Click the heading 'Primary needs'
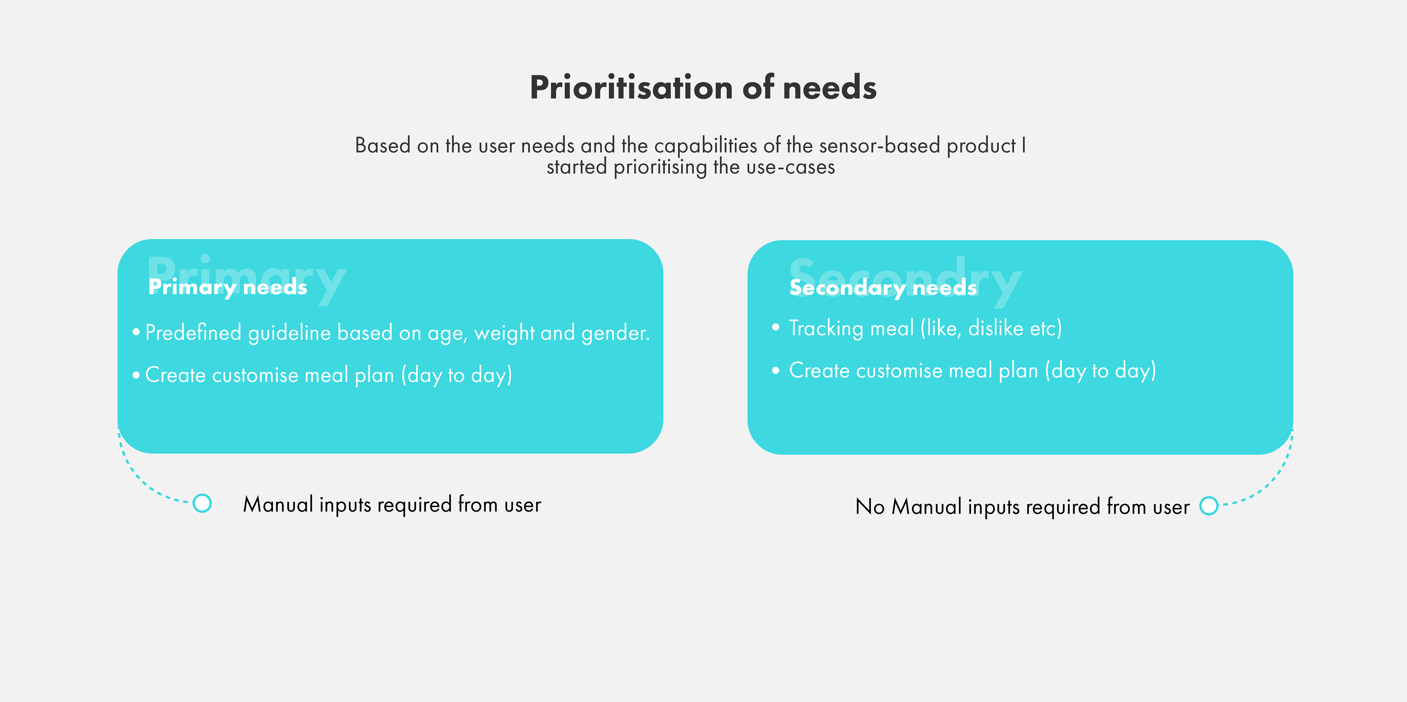(228, 287)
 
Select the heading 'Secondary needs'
(883, 287)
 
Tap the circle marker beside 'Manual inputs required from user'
(202, 503)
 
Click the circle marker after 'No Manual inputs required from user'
(1209, 506)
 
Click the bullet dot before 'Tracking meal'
(776, 327)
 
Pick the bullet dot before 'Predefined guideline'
(136, 332)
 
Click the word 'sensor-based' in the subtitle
(879, 145)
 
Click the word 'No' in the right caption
(869, 506)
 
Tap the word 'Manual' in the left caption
(278, 504)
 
